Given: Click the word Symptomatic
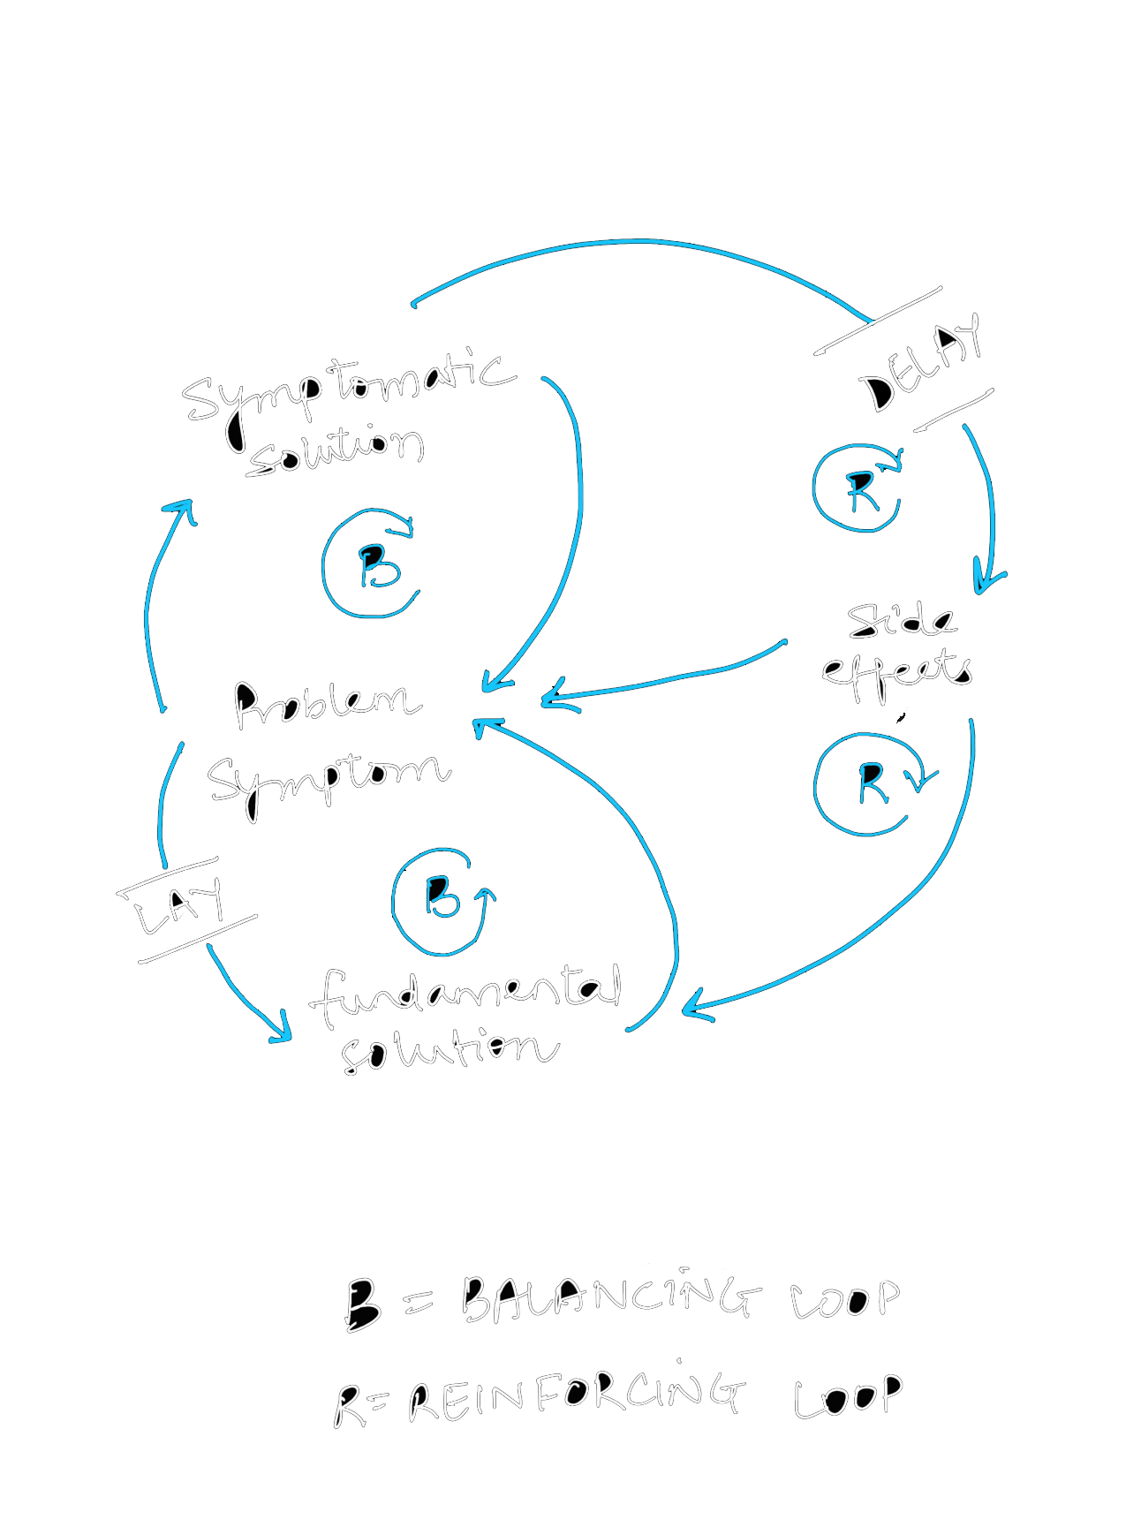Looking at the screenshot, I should [348, 389].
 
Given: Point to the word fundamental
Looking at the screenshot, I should [466, 993].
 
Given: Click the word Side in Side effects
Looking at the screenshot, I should [901, 620].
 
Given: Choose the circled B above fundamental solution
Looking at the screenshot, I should [442, 901].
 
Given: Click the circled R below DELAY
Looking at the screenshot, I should [858, 489].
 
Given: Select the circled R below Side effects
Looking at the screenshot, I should [869, 784].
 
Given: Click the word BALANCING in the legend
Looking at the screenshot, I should [609, 1298].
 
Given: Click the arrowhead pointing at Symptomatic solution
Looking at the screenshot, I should [182, 509].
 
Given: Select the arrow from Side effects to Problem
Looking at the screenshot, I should [671, 678].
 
